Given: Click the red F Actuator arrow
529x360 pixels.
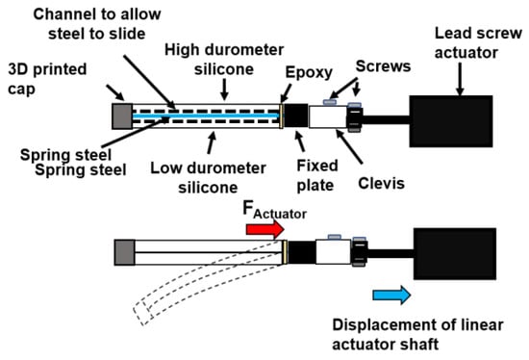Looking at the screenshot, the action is pos(265,230).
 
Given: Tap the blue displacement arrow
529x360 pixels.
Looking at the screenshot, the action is pos(391,295).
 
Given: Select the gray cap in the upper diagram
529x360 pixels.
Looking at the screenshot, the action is pos(122,116).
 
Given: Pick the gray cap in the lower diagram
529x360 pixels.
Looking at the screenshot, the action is pos(124,252).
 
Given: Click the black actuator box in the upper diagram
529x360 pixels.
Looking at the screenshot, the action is pos(451,121).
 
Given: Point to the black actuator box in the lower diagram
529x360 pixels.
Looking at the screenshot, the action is pos(455,253).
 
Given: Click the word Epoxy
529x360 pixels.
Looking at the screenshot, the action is pos(309,73).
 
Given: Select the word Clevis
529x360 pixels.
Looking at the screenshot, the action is pos(381,184).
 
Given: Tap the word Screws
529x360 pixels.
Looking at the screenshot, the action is pos(383,66).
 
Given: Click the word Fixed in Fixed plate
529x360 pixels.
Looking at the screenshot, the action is pos(317,166).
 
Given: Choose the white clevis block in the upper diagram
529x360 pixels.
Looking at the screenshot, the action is pos(328,116).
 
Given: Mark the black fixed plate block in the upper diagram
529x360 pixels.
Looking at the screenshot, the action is pos(296,116).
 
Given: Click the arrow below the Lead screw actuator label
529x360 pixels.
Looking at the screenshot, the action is pos(460,79).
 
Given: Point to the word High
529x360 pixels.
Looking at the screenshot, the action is pos(182,50).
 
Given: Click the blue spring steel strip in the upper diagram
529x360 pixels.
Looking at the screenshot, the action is pos(206,116).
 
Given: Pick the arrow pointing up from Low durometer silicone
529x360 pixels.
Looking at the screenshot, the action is pos(212,142).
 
